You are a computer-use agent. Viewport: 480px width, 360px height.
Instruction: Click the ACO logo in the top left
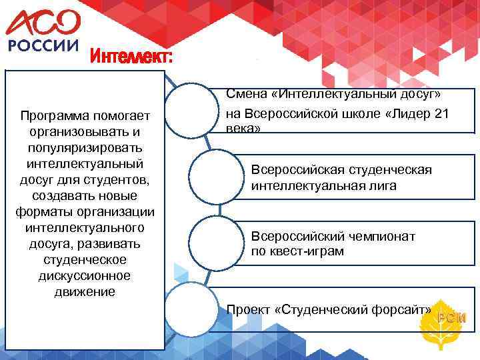pyautogui.click(x=43, y=23)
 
